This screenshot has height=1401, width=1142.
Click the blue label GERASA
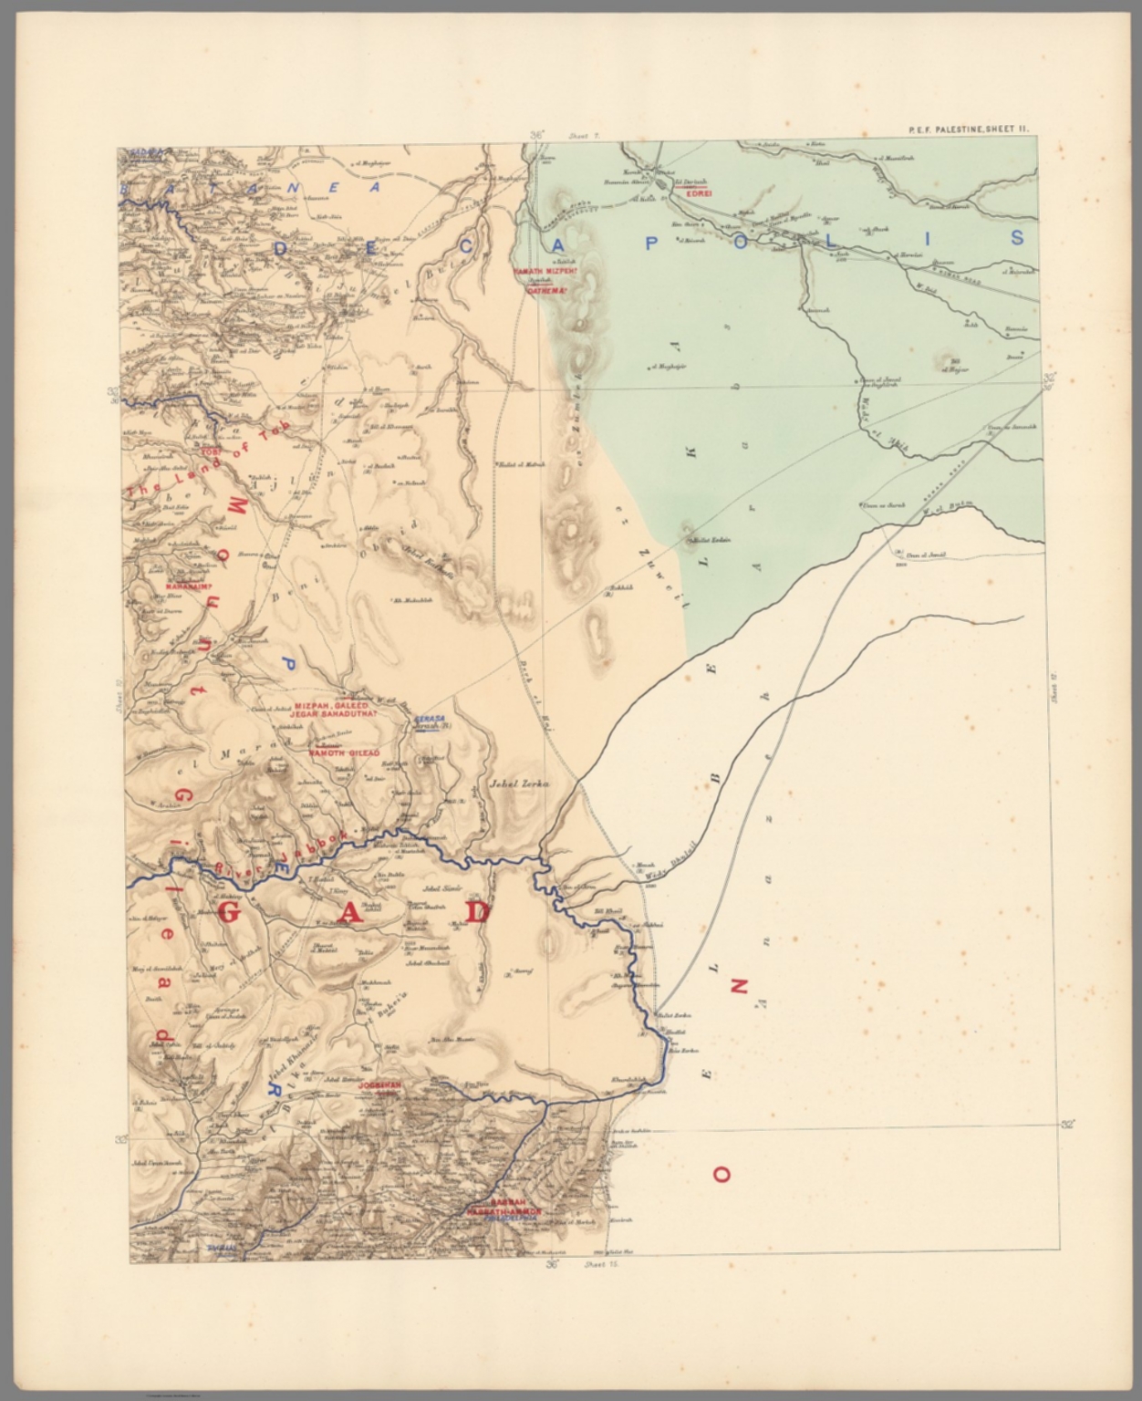(x=428, y=719)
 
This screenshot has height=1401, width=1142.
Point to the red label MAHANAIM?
(x=189, y=586)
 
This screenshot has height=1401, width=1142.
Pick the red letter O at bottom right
(x=721, y=1175)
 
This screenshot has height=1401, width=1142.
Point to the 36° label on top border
(x=535, y=135)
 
